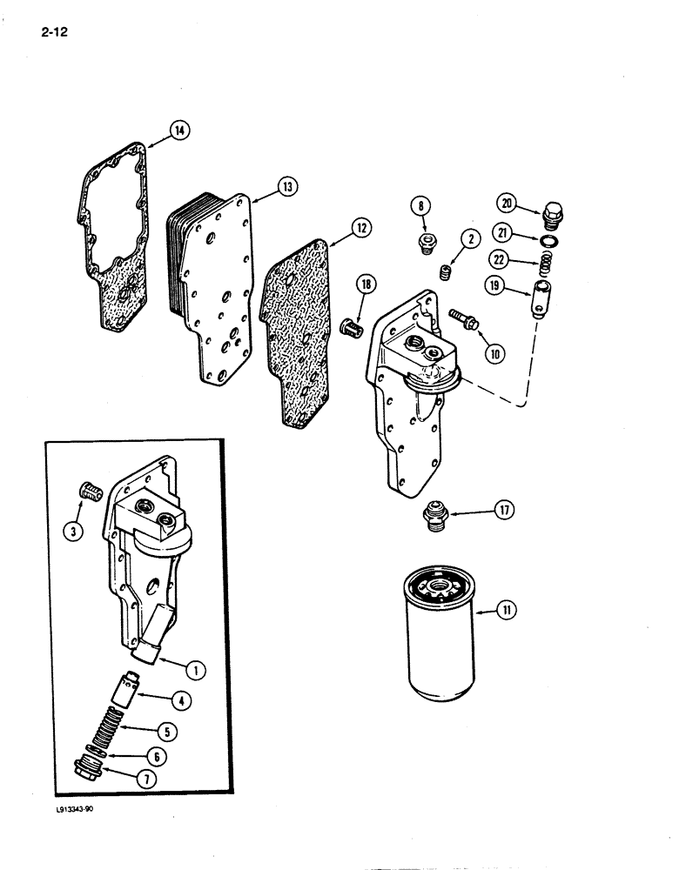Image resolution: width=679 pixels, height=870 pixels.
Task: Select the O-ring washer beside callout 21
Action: coord(550,241)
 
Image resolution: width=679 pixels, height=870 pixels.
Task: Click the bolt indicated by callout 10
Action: coord(461,321)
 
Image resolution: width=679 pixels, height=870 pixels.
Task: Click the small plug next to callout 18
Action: coord(352,329)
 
